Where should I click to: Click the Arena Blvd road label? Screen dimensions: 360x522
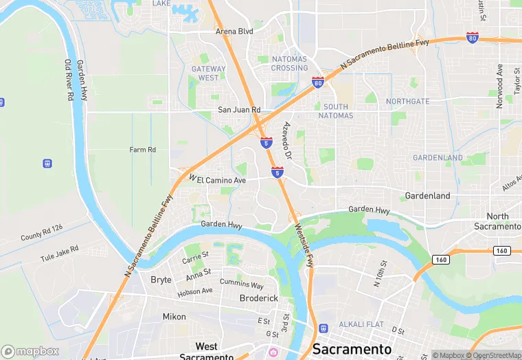point(234,32)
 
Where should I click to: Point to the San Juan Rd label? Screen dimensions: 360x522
point(239,110)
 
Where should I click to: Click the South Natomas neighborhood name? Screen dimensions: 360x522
point(336,111)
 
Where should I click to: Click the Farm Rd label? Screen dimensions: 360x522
point(143,150)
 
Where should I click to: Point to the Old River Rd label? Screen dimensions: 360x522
point(69,80)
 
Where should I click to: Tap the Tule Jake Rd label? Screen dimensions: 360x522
point(59,252)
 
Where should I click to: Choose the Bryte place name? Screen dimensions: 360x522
point(161,280)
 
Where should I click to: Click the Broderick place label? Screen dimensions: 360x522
point(258,298)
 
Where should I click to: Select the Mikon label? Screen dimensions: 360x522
point(174,317)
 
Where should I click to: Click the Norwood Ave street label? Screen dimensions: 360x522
point(500,80)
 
